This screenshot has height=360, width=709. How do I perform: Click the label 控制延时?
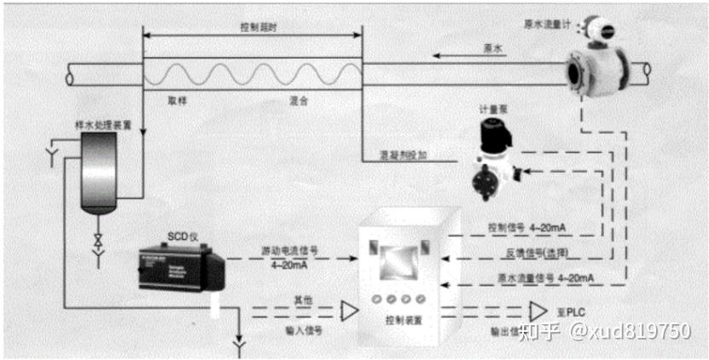coord(253,26)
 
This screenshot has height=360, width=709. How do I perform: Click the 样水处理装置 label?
coord(103,125)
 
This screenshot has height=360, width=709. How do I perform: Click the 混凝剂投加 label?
coord(404,155)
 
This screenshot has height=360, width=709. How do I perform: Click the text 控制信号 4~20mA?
coord(526,229)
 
